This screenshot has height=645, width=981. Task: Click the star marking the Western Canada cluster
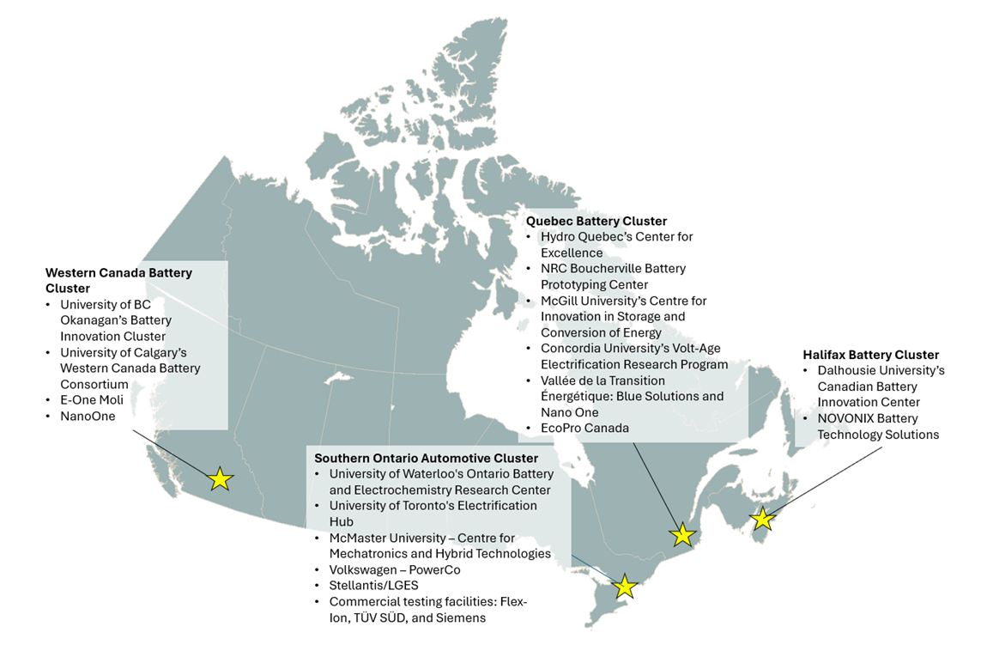click(221, 478)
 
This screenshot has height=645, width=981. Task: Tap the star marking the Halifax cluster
click(761, 518)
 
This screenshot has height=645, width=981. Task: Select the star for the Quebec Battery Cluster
click(682, 534)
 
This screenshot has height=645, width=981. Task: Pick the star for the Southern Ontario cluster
click(625, 587)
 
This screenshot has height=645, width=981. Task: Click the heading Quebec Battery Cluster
click(596, 221)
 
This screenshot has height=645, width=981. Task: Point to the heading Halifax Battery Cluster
click(871, 355)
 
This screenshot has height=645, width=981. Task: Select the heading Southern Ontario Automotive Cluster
click(427, 459)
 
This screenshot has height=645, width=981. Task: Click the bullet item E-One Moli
click(91, 400)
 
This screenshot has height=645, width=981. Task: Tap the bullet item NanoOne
click(88, 417)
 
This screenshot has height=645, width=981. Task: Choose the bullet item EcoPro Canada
click(584, 428)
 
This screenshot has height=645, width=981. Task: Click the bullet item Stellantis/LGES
click(373, 586)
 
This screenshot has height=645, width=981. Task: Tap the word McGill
click(560, 301)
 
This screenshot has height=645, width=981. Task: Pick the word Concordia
click(572, 348)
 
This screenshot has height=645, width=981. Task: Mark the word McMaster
click(359, 538)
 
